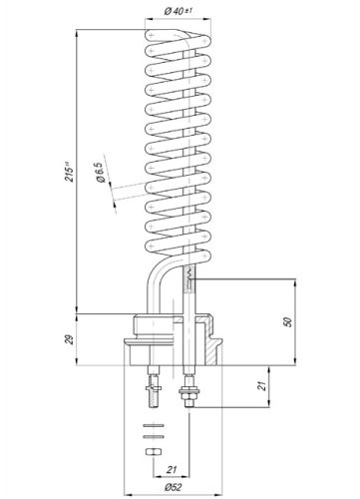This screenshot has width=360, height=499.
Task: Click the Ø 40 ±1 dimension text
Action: pos(179,11)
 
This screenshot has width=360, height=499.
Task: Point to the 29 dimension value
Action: pos(67,340)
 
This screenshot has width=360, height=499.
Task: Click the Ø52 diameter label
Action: pos(173,488)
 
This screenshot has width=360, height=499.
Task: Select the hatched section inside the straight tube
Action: pos(186,284)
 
